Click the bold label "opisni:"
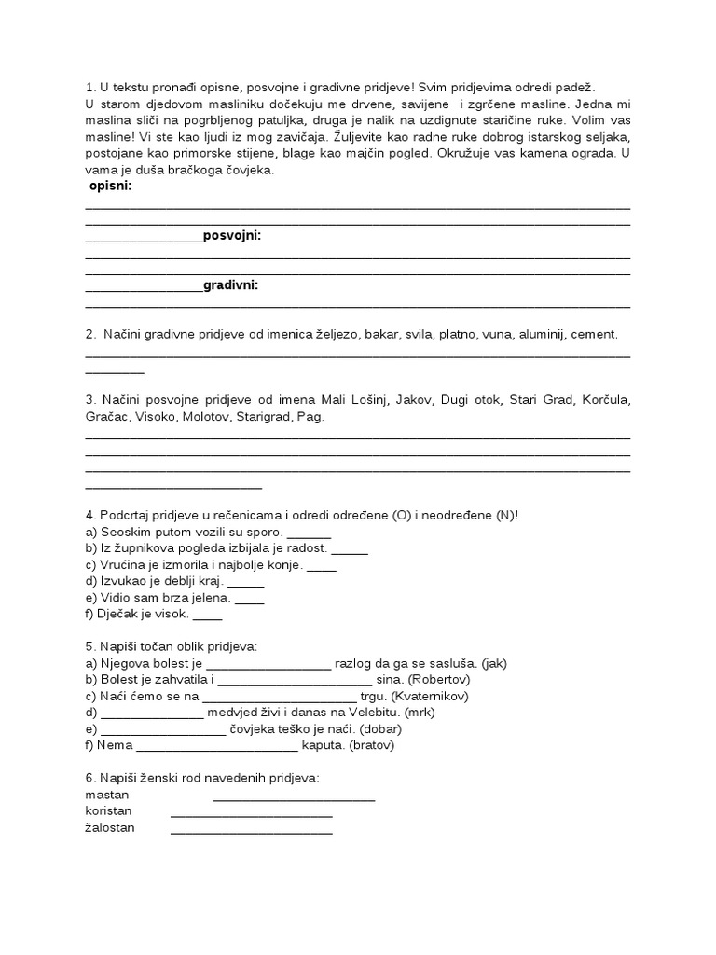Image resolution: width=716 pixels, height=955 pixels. click(110, 187)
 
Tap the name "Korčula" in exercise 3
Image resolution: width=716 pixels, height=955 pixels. click(606, 400)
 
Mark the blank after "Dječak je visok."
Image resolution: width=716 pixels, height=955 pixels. click(208, 616)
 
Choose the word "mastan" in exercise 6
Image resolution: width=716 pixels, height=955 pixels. click(106, 796)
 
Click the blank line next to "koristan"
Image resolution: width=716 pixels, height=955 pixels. click(251, 813)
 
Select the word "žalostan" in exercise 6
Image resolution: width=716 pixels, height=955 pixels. click(109, 828)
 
